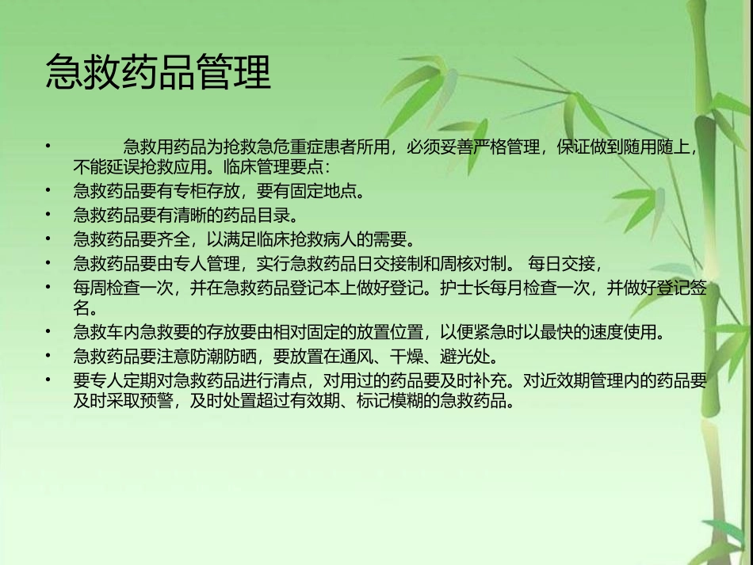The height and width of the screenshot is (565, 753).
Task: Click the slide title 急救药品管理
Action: coord(159,73)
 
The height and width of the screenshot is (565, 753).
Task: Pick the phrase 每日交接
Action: coord(565,263)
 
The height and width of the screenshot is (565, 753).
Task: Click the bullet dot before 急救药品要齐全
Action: coord(49,238)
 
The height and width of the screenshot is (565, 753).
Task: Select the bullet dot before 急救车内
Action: coord(49,330)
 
